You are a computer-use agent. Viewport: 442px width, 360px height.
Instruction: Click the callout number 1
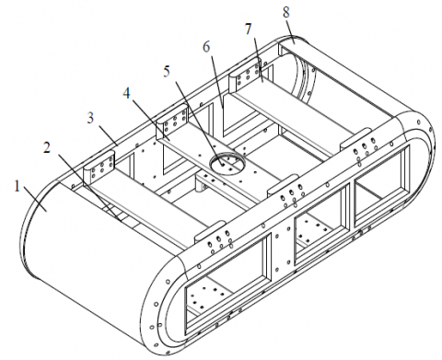17,186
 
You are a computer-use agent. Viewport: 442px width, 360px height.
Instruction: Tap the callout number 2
47,148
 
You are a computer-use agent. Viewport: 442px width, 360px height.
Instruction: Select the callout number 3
90,118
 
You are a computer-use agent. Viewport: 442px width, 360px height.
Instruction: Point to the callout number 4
126,93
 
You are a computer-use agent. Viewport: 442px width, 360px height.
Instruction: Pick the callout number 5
167,72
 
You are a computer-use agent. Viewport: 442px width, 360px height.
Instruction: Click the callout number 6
206,47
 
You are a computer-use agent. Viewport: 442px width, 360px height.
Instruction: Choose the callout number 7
248,29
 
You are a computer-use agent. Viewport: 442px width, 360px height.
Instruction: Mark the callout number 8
286,13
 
